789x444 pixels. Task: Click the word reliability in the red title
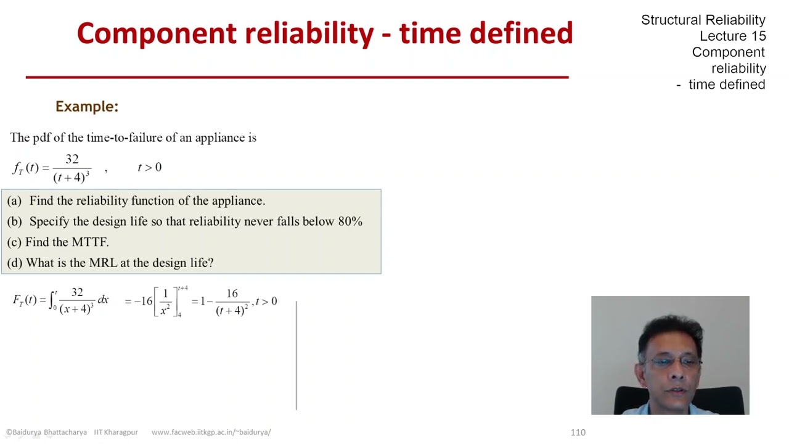tap(309, 33)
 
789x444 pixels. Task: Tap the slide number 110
tap(578, 432)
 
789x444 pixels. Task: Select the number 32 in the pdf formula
tap(72, 159)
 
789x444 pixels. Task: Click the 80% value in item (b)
tap(350, 221)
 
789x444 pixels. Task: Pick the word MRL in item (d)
tap(102, 263)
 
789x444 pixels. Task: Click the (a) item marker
tap(14, 201)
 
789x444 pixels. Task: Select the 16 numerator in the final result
tap(232, 294)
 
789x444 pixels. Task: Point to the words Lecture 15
tap(732, 36)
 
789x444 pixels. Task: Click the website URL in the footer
tap(211, 432)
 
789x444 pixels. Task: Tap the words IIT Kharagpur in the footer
tap(116, 432)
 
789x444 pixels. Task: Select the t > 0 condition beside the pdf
tap(149, 168)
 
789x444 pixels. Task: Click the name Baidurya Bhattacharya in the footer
tap(50, 432)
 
